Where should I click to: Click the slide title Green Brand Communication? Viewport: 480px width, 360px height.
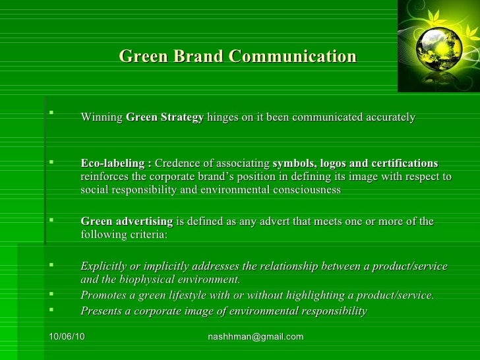(x=237, y=57)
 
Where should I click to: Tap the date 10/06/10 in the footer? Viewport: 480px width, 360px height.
(x=67, y=337)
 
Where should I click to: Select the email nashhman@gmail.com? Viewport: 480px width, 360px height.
(x=256, y=337)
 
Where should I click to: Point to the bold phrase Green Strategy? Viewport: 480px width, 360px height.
(x=164, y=118)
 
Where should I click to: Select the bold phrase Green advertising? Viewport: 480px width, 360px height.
(x=127, y=222)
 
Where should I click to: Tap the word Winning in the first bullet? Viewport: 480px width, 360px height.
(x=102, y=118)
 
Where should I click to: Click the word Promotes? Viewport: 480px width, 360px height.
(x=103, y=295)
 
